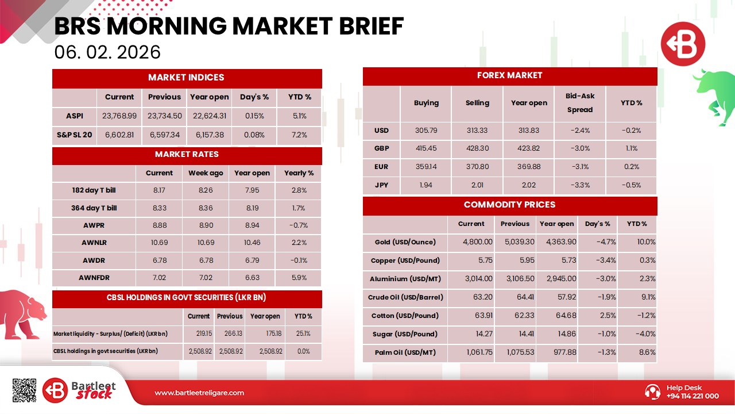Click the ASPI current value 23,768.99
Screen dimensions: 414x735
pyautogui.click(x=119, y=116)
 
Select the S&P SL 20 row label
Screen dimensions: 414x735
pyautogui.click(x=75, y=135)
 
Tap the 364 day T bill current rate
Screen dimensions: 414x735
pyautogui.click(x=159, y=208)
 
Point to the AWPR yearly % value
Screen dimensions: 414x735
pyautogui.click(x=299, y=225)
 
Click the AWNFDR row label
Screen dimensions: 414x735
pyautogui.click(x=94, y=278)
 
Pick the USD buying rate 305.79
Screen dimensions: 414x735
pyautogui.click(x=426, y=131)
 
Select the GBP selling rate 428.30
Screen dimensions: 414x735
pyautogui.click(x=477, y=148)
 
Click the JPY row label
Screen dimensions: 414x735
pyautogui.click(x=381, y=185)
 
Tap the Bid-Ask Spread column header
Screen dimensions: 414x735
pyautogui.click(x=579, y=103)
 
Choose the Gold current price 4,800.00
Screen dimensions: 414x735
pyautogui.click(x=478, y=242)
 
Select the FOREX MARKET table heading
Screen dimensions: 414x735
pyautogui.click(x=509, y=75)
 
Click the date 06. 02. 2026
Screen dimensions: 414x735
pyautogui.click(x=107, y=52)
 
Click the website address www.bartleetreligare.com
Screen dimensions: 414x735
pyautogui.click(x=199, y=393)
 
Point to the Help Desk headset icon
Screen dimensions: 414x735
pyautogui.click(x=653, y=392)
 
